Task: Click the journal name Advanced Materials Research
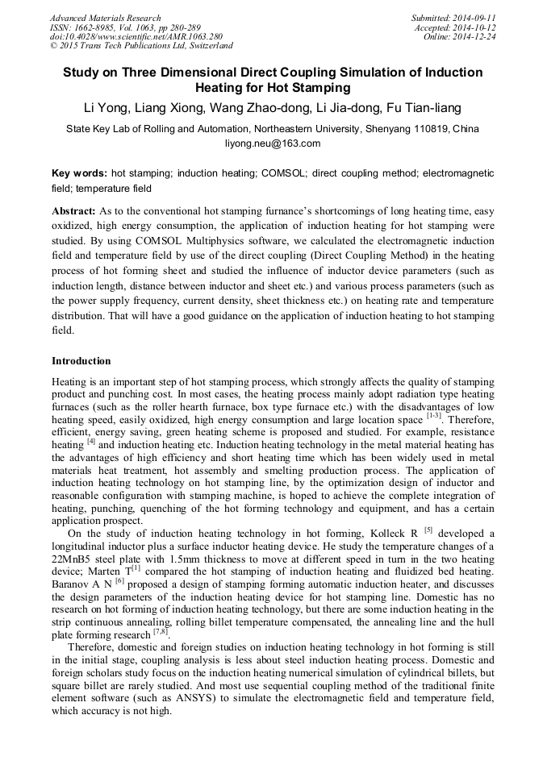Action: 106,18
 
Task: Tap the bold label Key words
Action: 79,173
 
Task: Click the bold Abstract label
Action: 74,210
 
